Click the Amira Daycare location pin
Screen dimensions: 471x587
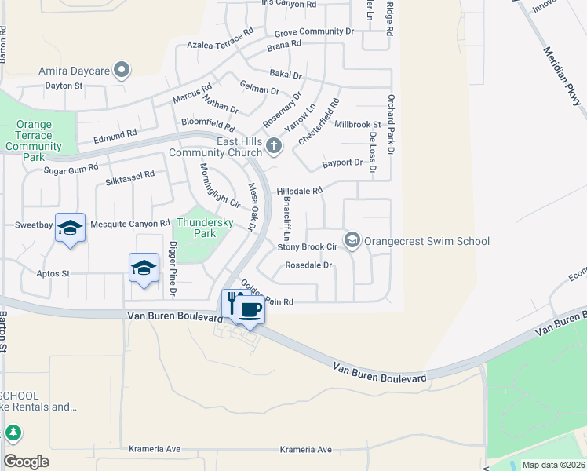(x=121, y=71)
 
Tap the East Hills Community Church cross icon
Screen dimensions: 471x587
(x=274, y=145)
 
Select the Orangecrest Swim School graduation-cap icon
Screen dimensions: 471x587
(x=352, y=240)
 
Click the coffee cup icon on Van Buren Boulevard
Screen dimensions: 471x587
(x=250, y=310)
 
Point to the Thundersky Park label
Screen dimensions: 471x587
(x=205, y=228)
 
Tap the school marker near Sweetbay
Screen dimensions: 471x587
(x=70, y=228)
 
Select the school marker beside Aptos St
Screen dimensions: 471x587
(x=144, y=268)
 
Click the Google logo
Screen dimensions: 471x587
(x=26, y=461)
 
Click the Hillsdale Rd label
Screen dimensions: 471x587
(x=299, y=191)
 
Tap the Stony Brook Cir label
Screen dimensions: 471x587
(x=307, y=247)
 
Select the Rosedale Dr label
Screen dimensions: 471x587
(x=309, y=265)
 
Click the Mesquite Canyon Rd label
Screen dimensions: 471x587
(x=130, y=224)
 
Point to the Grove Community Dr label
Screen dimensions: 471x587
(x=314, y=32)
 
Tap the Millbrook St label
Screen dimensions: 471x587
(x=357, y=125)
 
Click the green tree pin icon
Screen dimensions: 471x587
(x=13, y=433)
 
